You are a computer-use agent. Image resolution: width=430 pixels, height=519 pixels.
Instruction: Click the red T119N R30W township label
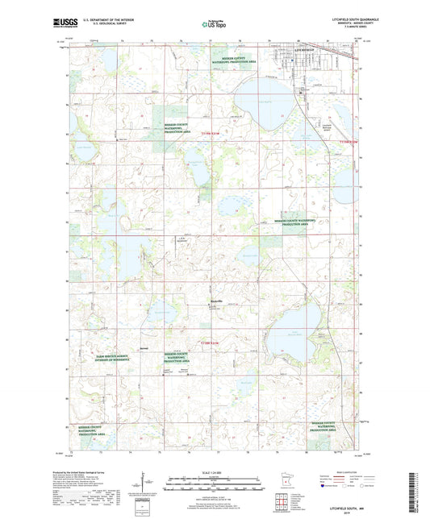(344, 141)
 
